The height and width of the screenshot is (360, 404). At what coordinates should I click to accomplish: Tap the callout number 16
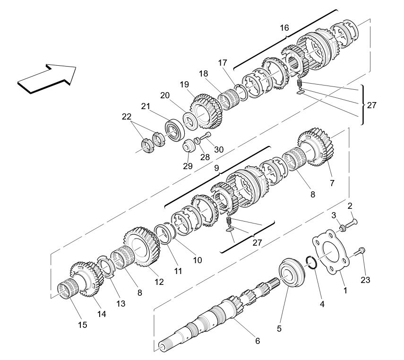click(284, 28)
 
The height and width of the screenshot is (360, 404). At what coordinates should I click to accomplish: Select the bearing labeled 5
click(293, 272)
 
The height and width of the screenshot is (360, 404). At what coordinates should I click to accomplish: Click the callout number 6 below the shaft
click(258, 341)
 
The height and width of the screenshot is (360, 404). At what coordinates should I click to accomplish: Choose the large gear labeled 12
click(142, 249)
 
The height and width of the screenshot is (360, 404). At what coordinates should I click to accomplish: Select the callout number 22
click(126, 116)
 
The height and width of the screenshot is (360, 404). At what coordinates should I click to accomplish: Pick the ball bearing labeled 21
click(175, 129)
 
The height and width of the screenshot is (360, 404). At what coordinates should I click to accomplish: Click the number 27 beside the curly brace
click(371, 105)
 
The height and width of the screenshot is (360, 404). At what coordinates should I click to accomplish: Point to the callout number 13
click(121, 303)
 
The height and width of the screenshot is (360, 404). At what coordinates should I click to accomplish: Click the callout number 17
click(223, 62)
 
